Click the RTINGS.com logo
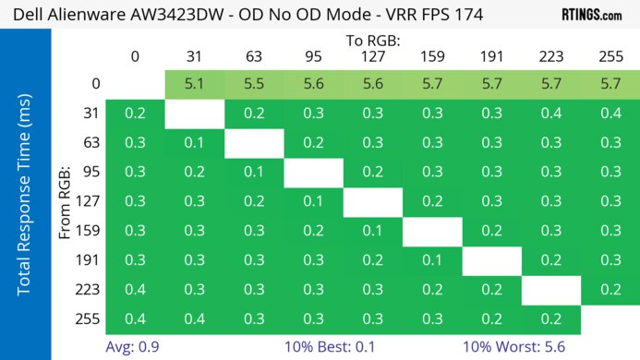[x=591, y=14]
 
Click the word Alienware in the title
[x=102, y=14]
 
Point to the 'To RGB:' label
[x=372, y=41]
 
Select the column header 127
[x=372, y=57]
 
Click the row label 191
[x=91, y=261]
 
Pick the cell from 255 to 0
[x=135, y=319]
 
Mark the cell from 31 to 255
[x=610, y=114]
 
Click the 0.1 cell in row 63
[x=195, y=143]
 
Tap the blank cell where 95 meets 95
[x=313, y=173]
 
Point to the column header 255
[x=610, y=57]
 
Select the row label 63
[x=91, y=143]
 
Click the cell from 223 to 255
[x=610, y=290]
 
